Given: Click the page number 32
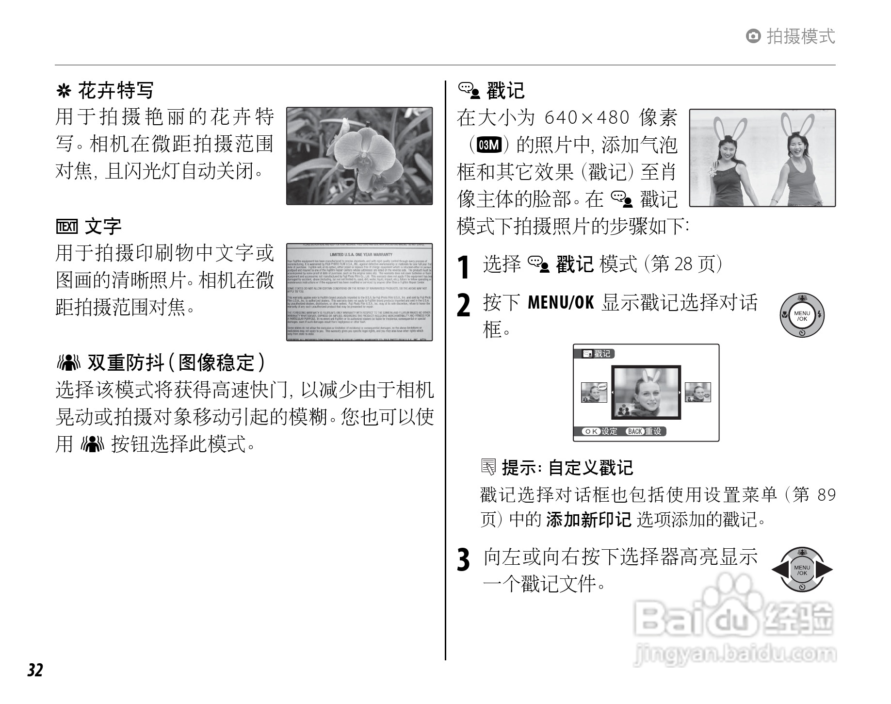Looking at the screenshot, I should click(35, 670).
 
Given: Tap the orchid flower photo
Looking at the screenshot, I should click(359, 156).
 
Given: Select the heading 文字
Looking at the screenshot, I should click(103, 227).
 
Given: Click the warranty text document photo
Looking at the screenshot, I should click(359, 293).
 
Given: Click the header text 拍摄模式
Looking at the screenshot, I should click(800, 36).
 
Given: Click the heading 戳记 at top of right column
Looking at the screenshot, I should click(505, 91).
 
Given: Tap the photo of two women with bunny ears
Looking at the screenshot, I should click(762, 158).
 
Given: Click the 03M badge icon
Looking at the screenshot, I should click(488, 145).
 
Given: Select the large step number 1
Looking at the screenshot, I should click(464, 266).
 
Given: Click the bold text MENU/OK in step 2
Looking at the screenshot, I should click(560, 303).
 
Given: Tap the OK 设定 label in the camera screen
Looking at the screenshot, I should click(600, 431).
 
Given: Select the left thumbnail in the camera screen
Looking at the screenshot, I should click(594, 393).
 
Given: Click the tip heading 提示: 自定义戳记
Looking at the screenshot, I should click(567, 468).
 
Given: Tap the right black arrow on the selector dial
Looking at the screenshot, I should click(824, 571).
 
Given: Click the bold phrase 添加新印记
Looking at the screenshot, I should click(588, 520).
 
